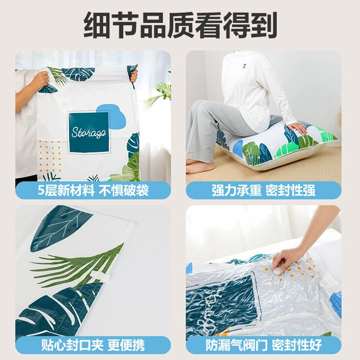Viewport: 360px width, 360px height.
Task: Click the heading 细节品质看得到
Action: pyautogui.click(x=180, y=25)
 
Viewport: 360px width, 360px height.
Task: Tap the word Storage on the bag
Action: pyautogui.click(x=89, y=133)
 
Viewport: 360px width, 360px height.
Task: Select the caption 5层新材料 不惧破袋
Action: pyautogui.click(x=93, y=190)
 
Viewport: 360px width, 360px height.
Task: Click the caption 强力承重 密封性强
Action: pyautogui.click(x=263, y=190)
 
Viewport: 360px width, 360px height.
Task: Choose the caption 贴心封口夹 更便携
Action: pyautogui.click(x=93, y=345)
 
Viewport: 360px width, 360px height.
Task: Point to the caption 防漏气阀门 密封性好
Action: pyautogui.click(x=263, y=345)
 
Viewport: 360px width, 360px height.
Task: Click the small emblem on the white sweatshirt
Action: pyautogui.click(x=243, y=67)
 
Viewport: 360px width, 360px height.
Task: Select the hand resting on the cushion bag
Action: pyautogui.click(x=298, y=128)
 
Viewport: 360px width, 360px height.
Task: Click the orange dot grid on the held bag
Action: pyautogui.click(x=50, y=157)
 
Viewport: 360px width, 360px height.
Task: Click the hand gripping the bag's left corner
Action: pyautogui.click(x=41, y=80)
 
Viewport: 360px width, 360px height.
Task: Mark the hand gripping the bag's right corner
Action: pyautogui.click(x=134, y=74)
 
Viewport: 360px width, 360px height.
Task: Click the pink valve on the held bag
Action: pyautogui.click(x=65, y=104)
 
